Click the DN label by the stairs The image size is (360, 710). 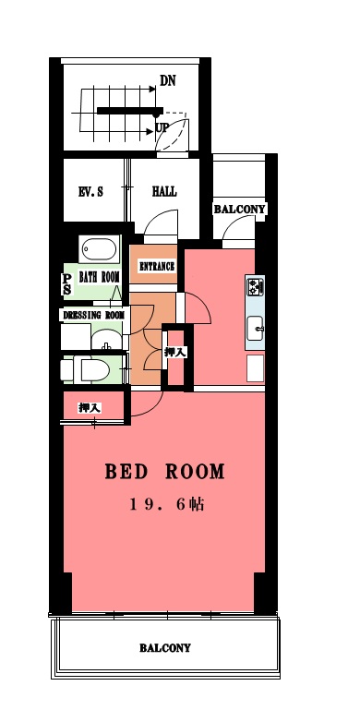click(168, 80)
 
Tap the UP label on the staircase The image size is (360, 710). click(162, 126)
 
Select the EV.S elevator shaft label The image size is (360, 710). click(90, 192)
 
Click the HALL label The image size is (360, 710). click(164, 191)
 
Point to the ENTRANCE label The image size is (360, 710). click(157, 267)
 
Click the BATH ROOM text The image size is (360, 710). click(99, 277)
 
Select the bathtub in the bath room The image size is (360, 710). click(99, 249)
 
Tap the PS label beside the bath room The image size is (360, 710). click(67, 285)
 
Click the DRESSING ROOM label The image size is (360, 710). click(94, 315)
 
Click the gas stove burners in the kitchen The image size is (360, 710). click(256, 286)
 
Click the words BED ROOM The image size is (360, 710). click(165, 472)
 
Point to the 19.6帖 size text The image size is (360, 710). click(167, 504)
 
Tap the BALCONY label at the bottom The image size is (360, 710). click(165, 648)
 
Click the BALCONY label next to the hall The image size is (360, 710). click(239, 210)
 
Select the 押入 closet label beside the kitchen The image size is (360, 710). click(175, 353)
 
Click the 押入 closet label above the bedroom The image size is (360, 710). click(90, 407)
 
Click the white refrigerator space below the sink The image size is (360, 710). click(256, 368)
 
